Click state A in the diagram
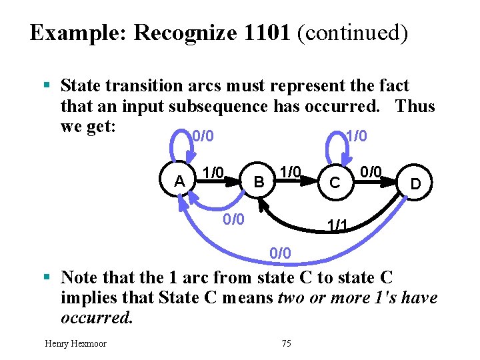(179, 181)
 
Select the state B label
(260, 181)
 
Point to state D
(415, 182)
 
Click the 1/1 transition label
(336, 226)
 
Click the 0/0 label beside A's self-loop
(203, 137)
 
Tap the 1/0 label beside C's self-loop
(356, 137)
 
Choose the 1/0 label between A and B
(213, 173)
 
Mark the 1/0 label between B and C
(290, 172)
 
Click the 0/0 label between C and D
(371, 173)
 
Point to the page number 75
(287, 343)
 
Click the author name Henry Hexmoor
(75, 343)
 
